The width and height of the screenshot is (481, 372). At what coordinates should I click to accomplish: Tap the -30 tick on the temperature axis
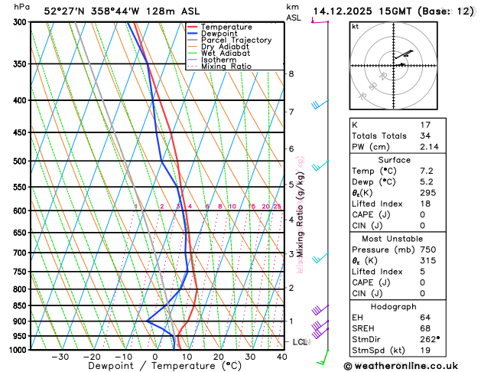point(60,357)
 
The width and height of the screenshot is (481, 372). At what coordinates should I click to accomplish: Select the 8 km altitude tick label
point(291,73)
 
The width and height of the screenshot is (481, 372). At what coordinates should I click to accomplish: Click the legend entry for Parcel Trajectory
point(236,40)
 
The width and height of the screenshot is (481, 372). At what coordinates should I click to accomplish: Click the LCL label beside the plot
point(300,341)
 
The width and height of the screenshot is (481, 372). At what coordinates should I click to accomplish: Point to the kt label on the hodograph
point(355,26)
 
